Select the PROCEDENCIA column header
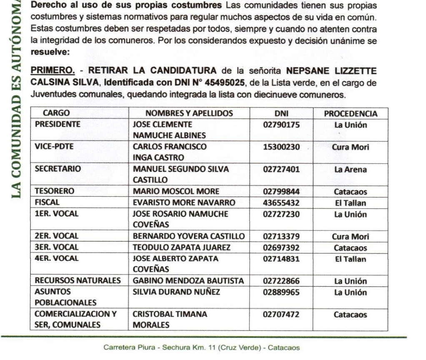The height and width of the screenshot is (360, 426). (351, 114)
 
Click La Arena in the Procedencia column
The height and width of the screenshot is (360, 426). (351, 170)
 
